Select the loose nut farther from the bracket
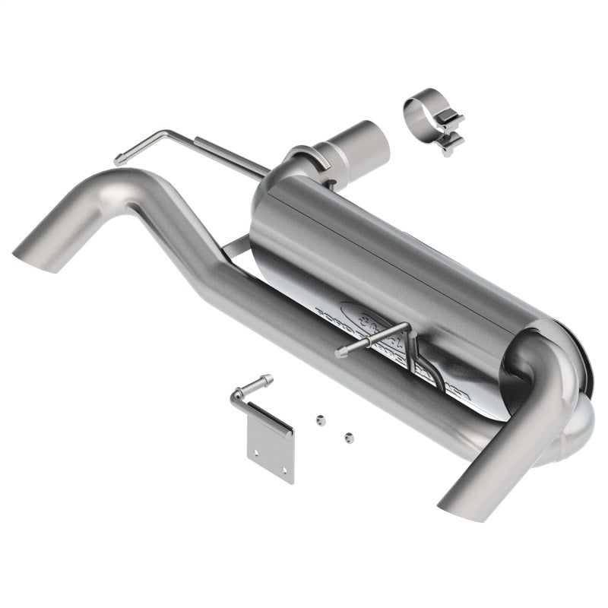349,437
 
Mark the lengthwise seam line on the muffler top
410,236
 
